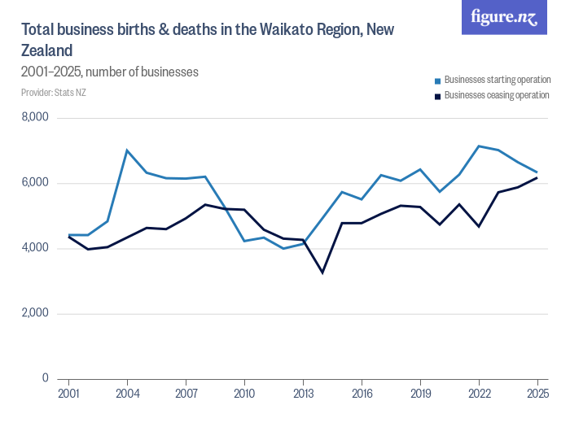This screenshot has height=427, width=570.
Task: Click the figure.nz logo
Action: click(x=504, y=17)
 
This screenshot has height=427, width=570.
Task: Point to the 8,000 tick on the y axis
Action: click(x=34, y=118)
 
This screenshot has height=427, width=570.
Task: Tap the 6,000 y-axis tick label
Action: click(x=34, y=183)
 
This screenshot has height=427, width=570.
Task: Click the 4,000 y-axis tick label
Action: click(x=34, y=248)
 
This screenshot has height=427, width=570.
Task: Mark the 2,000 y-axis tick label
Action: click(x=34, y=313)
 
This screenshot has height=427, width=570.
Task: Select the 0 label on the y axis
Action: click(x=46, y=378)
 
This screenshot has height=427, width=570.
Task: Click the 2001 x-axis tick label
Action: click(x=68, y=394)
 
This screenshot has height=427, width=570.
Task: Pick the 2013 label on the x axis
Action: click(x=303, y=394)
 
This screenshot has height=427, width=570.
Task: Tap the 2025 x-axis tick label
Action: click(x=537, y=394)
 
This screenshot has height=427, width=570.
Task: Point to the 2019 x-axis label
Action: click(x=420, y=394)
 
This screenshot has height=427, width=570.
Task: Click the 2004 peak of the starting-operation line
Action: click(x=127, y=150)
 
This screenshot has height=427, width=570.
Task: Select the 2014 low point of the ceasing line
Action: click(x=322, y=272)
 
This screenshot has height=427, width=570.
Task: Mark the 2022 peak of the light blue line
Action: click(x=479, y=146)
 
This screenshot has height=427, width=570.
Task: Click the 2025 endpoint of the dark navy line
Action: click(x=537, y=177)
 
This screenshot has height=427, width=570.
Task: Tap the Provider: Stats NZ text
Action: click(x=54, y=92)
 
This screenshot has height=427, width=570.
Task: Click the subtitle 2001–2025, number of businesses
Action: click(x=110, y=72)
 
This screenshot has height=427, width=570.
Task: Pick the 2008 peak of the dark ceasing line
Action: click(x=205, y=204)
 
